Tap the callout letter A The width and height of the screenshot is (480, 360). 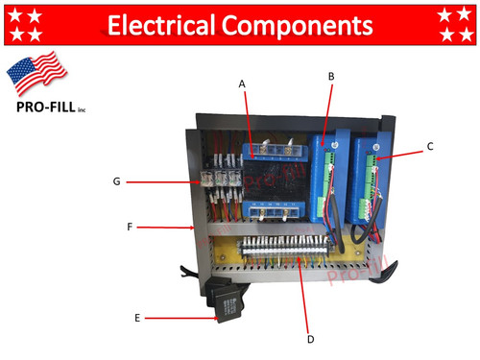[x=243, y=84]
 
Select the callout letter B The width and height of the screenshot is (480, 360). [x=331, y=75]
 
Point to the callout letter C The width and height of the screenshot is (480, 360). [x=430, y=147]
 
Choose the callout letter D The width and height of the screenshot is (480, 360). [x=309, y=338]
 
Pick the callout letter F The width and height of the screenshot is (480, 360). [x=129, y=228]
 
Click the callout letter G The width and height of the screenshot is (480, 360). [x=116, y=180]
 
